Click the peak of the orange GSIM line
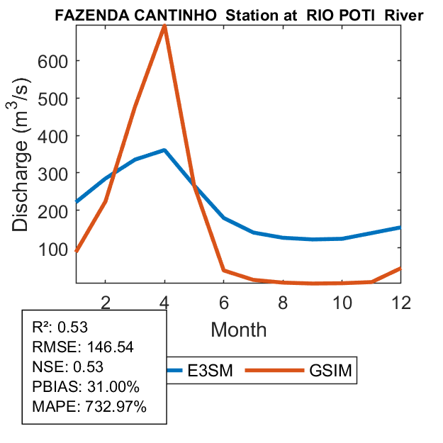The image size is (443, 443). (164, 26)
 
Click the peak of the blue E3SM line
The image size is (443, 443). (164, 150)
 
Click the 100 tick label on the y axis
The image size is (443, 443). (56, 248)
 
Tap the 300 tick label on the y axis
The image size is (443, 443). (56, 173)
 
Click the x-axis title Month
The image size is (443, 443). (238, 329)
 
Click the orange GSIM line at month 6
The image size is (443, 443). (224, 270)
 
